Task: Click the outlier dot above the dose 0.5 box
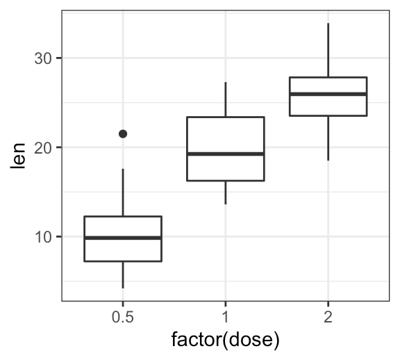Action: pos(123,133)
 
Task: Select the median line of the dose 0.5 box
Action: pos(123,238)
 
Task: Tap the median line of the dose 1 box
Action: pos(226,154)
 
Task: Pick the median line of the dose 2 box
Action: pos(328,94)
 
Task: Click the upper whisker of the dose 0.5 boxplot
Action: pos(123,193)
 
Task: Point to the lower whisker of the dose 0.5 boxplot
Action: pos(123,275)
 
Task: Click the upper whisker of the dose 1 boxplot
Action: pos(226,99)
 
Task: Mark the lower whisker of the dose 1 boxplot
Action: pos(226,193)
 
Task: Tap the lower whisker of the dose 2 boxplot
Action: pos(328,138)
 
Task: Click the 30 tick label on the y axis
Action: pos(43,58)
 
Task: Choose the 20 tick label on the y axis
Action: pos(43,147)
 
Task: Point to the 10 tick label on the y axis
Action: pos(43,237)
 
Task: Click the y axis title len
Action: pos(19,158)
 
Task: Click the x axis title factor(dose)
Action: pos(225,341)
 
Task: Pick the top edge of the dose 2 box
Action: pos(328,77)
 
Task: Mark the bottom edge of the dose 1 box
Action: pos(226,181)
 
